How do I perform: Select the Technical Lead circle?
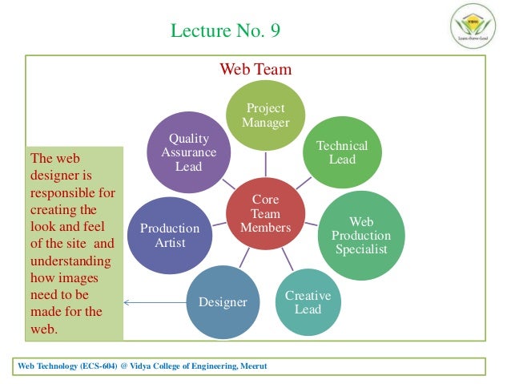coord(342,152)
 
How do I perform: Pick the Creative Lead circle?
coord(308,302)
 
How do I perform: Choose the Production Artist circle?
coord(170,236)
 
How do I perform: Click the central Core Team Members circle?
coord(265,214)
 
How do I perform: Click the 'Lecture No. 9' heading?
coord(226,31)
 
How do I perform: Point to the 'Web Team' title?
coord(255,69)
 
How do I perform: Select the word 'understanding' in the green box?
coord(72,261)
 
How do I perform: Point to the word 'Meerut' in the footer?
coord(249,366)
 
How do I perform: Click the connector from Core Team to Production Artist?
coord(218,223)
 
